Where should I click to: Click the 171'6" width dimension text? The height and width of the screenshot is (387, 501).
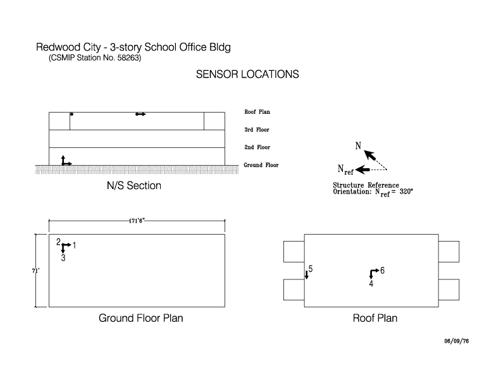137,221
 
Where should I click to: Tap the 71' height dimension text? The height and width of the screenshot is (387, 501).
35,271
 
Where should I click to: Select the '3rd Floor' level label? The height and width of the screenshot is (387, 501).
257,130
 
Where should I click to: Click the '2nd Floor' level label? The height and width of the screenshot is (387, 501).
257,147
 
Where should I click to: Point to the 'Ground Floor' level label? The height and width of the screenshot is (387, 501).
261,165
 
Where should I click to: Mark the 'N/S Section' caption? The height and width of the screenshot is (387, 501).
134,185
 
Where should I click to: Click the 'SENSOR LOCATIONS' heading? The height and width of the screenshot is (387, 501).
247,75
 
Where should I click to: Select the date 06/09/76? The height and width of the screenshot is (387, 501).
456,341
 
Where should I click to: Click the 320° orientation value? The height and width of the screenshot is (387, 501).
406,192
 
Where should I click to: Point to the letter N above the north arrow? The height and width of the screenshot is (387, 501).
358,146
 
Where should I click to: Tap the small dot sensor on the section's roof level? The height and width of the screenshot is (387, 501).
71,114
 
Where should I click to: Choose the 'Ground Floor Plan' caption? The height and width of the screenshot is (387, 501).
141,318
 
